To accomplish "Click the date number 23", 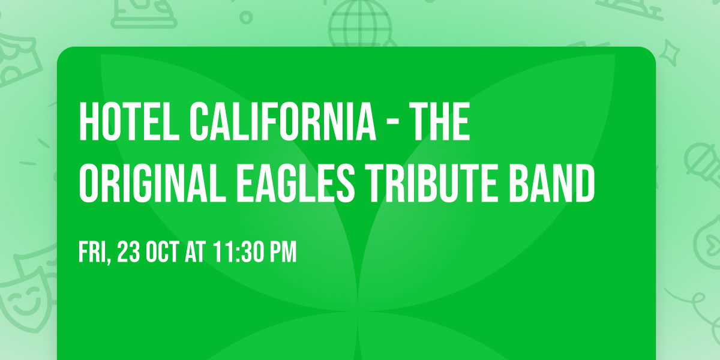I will click(x=130, y=253).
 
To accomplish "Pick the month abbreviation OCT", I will click(x=163, y=253).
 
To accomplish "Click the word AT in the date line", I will click(x=195, y=253).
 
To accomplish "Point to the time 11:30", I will click(x=236, y=253).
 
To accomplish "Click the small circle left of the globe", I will click(x=245, y=16).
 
